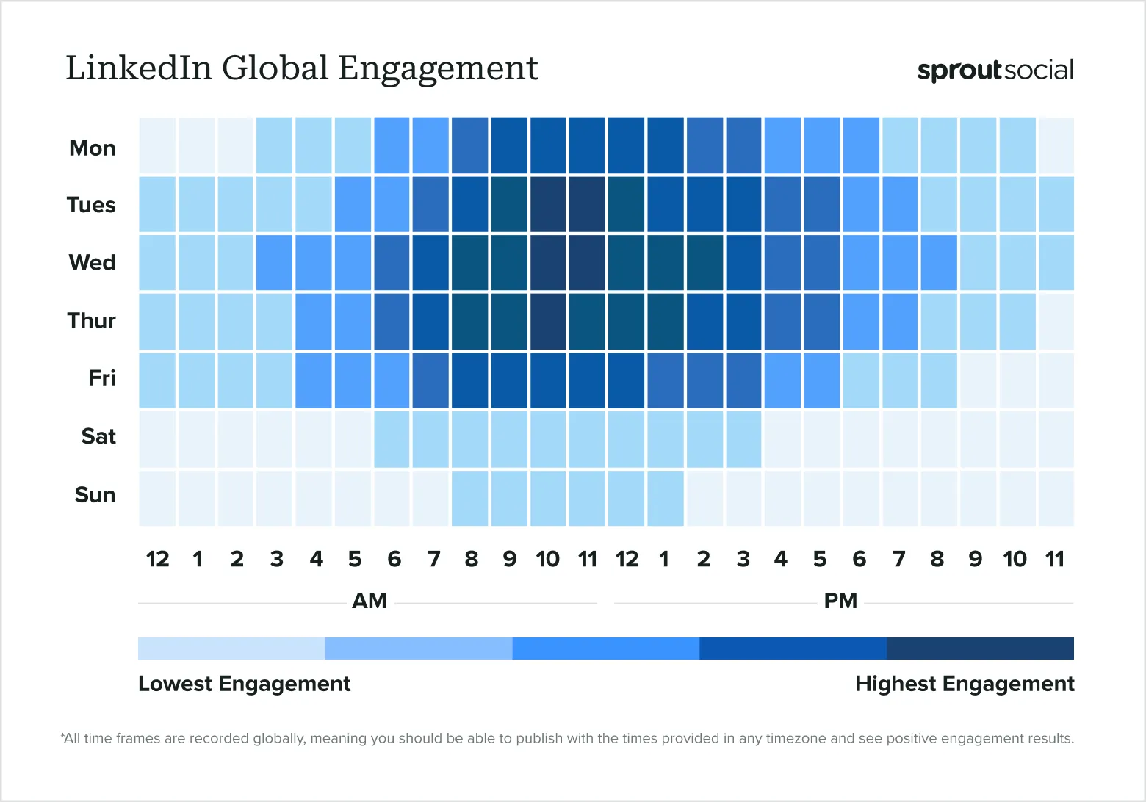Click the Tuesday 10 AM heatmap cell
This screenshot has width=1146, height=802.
(548, 204)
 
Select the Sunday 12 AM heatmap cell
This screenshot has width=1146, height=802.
(157, 498)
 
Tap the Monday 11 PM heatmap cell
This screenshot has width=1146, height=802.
(1056, 145)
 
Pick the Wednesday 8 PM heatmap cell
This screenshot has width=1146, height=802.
(938, 262)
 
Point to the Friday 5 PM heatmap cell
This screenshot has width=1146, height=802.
(821, 380)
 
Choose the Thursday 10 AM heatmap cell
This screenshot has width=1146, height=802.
(548, 321)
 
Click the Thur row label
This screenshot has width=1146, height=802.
(92, 321)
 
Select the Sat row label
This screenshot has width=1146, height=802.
(98, 436)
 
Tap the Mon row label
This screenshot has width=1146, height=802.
(93, 148)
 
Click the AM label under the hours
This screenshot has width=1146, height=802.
(370, 601)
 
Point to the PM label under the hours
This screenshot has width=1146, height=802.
(840, 601)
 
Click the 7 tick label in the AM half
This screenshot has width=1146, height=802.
(433, 560)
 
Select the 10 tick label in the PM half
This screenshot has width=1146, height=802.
(1015, 560)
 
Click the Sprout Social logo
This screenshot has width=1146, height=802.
(995, 70)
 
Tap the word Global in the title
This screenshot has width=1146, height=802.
(275, 68)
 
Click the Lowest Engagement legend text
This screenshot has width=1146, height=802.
(244, 684)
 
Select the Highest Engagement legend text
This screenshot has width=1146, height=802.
(965, 684)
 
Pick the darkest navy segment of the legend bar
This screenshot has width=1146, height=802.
(980, 649)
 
